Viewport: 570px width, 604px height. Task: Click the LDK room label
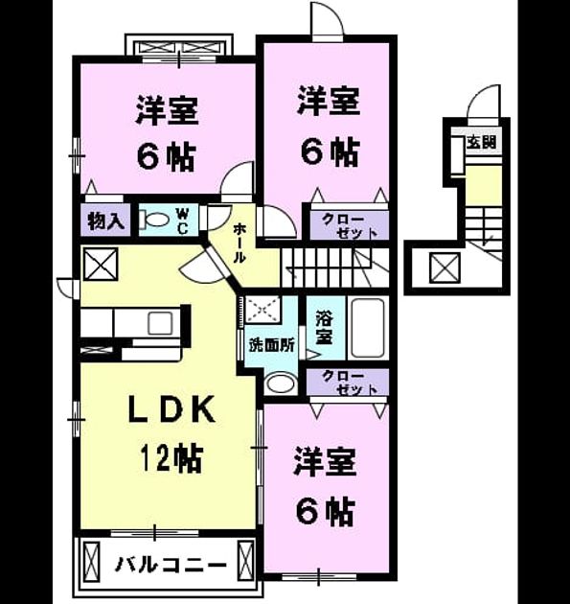coord(171,409)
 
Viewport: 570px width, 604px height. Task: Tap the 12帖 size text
coord(171,458)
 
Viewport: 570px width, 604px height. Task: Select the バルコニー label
coord(171,566)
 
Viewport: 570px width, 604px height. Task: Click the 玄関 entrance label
coord(482,143)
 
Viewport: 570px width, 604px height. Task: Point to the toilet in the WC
coord(154,220)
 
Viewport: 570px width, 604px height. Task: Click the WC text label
coord(182,221)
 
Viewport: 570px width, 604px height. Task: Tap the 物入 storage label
coord(105,221)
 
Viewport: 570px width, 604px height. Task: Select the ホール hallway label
coord(239,244)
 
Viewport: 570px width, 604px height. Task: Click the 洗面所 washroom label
coord(272,345)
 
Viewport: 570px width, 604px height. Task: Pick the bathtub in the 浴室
coord(368,328)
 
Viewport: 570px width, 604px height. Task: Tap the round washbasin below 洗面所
coord(281,383)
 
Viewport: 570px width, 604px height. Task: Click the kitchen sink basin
coord(161,323)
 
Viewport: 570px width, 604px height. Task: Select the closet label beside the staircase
coord(349,226)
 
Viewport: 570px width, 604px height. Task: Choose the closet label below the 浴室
coord(350,383)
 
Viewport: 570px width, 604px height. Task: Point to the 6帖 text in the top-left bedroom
coord(167,157)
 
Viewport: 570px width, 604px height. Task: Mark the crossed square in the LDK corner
coord(101,264)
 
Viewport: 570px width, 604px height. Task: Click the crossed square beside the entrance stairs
coord(445,267)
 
